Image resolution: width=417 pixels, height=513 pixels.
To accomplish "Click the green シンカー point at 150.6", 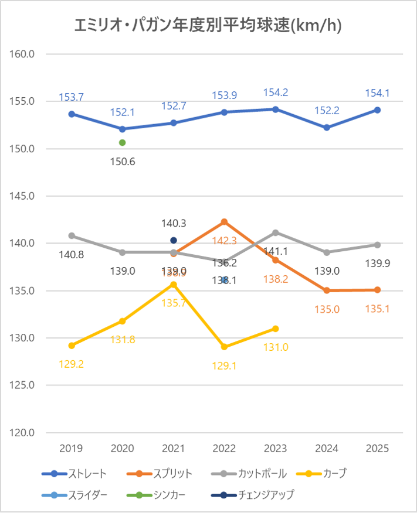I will pyautogui.click(x=123, y=142).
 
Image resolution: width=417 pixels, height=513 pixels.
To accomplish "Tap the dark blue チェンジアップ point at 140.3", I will pyautogui.click(x=174, y=240).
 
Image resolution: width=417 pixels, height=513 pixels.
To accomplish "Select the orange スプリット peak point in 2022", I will pyautogui.click(x=224, y=221).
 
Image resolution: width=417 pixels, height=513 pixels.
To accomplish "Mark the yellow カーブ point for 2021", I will pyautogui.click(x=174, y=284).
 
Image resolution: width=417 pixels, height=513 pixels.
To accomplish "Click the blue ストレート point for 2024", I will pyautogui.click(x=327, y=127).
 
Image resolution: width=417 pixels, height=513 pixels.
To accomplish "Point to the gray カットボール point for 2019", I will pyautogui.click(x=72, y=235).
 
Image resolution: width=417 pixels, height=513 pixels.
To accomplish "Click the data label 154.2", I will pyautogui.click(x=276, y=93).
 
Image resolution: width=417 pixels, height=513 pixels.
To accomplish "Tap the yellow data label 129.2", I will pyautogui.click(x=72, y=363).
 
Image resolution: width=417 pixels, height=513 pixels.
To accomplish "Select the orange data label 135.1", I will pyautogui.click(x=377, y=308).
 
